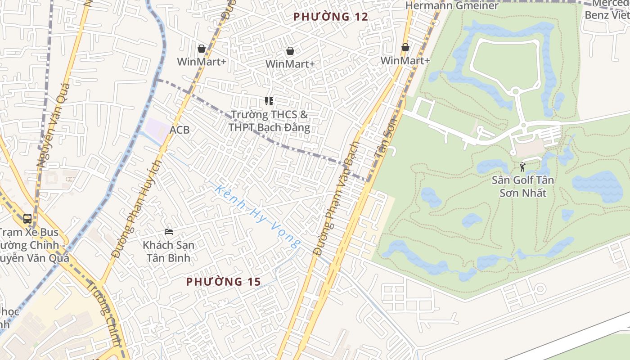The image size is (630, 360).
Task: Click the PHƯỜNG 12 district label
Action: pos(331,17)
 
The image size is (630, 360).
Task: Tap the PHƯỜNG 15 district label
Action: pos(224,282)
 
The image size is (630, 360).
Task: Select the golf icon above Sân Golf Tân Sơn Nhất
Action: pos(522,167)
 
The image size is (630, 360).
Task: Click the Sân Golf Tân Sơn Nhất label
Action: pos(522,186)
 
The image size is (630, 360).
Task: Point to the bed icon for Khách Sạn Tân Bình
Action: pos(169,232)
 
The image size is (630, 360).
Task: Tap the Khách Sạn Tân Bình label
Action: pos(168,252)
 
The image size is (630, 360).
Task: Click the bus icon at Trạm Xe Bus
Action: pos(27,219)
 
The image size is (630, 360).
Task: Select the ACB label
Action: pos(180,130)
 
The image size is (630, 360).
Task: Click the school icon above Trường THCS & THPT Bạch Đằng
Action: pos(269,101)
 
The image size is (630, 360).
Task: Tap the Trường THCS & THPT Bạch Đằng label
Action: pos(269,121)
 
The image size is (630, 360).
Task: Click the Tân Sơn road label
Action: pos(385,137)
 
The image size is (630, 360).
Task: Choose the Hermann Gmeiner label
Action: pos(452,6)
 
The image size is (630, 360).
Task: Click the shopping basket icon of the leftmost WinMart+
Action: pos(201,48)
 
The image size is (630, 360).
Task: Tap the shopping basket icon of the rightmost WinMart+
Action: pos(405,47)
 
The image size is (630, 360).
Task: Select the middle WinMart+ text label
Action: pos(290,64)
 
